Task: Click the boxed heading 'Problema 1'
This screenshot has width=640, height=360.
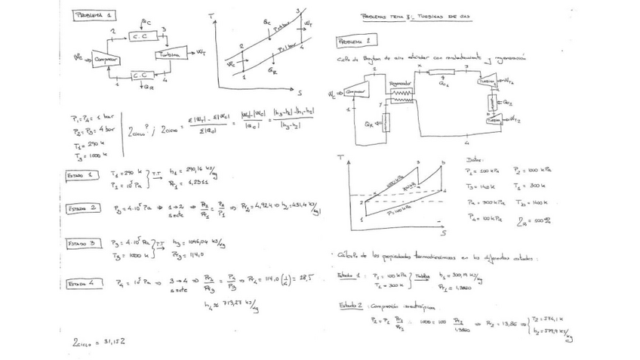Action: (x=94, y=16)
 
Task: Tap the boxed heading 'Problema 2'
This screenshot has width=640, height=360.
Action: (x=353, y=40)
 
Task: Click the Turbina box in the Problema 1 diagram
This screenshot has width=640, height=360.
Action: (x=170, y=54)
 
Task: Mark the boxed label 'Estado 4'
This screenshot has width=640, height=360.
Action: (x=82, y=284)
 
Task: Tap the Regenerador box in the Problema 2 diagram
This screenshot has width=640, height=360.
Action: (x=399, y=82)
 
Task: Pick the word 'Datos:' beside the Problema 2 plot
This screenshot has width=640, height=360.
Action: (x=474, y=160)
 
